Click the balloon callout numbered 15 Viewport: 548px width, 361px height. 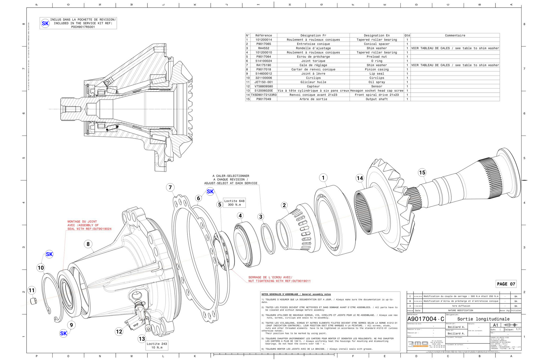422,173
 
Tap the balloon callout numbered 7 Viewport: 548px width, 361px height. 170,187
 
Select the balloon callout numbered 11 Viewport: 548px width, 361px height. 32,290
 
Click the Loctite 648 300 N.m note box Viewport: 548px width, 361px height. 234,203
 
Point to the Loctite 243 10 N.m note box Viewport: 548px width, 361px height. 157,345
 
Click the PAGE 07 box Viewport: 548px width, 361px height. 506,284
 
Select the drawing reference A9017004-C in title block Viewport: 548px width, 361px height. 426,319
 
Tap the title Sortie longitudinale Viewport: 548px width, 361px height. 483,319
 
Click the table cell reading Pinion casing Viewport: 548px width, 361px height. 376,69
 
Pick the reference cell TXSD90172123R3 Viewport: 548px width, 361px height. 264,95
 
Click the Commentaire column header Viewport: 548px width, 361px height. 455,35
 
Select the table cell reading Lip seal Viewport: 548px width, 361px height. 376,74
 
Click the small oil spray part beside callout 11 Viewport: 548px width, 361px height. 33,301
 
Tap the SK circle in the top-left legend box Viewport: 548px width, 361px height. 45,23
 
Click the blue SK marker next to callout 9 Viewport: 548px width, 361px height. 63,333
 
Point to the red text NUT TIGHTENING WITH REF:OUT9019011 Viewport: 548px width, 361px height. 279,281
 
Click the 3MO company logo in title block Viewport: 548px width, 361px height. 418,344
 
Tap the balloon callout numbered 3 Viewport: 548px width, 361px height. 261,217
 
